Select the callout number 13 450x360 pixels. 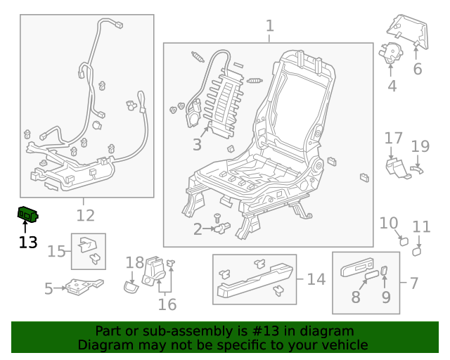tap(27, 243)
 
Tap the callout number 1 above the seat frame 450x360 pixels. tap(269, 27)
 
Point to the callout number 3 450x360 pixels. tap(197, 145)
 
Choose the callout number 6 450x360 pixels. tap(417, 69)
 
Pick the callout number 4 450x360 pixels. tap(392, 86)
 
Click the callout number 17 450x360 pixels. tap(393, 138)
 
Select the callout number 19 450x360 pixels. tap(420, 146)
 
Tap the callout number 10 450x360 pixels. tap(389, 224)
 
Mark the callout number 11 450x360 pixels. tap(421, 226)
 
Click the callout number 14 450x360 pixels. tap(316, 279)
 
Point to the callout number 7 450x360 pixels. tap(413, 283)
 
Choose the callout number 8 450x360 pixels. tap(356, 297)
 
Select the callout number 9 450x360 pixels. tap(385, 297)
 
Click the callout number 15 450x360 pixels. tap(56, 251)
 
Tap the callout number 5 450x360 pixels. tap(49, 288)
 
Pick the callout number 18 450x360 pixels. tap(134, 263)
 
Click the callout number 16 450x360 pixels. tap(167, 304)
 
